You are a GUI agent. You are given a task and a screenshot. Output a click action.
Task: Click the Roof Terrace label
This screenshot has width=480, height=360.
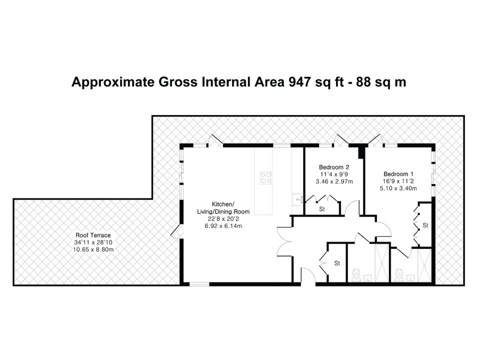click(x=93, y=235)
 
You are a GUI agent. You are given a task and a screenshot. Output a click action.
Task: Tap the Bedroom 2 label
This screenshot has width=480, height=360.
click(x=334, y=167)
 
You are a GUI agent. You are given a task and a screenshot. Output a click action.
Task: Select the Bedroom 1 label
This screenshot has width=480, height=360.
click(x=398, y=174)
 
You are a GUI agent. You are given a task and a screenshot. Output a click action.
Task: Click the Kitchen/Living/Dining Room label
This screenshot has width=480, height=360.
click(x=223, y=208)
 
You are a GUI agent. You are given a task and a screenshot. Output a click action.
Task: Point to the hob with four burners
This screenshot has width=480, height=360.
click(x=266, y=177)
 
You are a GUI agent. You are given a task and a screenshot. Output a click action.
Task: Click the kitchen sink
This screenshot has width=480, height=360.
click(x=297, y=199)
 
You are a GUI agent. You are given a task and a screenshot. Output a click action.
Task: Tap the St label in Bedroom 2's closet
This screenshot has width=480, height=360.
click(x=321, y=209)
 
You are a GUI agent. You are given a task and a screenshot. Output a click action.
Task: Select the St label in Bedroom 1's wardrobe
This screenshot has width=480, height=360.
click(x=425, y=225)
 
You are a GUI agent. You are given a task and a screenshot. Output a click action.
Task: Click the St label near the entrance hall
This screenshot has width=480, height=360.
click(x=337, y=263)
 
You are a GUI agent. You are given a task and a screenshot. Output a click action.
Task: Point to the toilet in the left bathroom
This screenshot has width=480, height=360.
click(x=356, y=274)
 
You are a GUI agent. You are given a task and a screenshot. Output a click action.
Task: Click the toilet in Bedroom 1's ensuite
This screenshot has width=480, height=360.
click(x=399, y=274)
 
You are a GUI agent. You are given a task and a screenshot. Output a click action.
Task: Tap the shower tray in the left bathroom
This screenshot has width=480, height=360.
click(x=381, y=262)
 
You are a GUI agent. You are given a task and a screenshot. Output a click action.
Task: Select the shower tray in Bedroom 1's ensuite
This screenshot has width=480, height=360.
click(x=424, y=265)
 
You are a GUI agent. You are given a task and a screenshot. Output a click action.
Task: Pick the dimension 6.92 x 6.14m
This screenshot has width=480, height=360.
click(x=223, y=226)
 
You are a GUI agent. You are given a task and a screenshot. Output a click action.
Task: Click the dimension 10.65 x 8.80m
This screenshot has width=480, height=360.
click(x=93, y=249)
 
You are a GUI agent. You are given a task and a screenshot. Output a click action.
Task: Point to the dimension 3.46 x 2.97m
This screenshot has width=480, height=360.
click(x=334, y=181)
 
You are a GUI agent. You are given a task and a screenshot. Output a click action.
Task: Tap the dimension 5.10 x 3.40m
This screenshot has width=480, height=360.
click(x=398, y=188)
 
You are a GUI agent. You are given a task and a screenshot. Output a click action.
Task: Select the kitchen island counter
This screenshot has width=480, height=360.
click(x=263, y=181)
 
